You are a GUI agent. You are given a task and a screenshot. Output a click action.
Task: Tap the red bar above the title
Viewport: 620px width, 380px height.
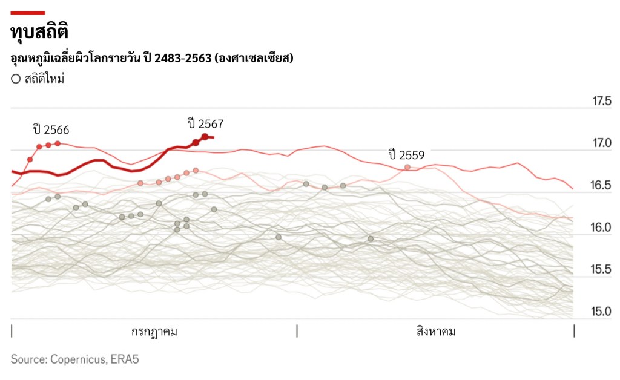(x=28, y=13)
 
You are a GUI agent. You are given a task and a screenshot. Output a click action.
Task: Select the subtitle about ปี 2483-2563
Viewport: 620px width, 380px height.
(x=152, y=58)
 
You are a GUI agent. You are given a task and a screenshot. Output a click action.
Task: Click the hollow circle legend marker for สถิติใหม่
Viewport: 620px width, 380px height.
(x=16, y=79)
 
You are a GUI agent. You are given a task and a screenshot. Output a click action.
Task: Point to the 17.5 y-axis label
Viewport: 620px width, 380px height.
(x=602, y=101)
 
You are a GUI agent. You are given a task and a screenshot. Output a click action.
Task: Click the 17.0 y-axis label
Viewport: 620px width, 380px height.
(x=602, y=143)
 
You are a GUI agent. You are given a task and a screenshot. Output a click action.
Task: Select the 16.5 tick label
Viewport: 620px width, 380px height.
(x=602, y=186)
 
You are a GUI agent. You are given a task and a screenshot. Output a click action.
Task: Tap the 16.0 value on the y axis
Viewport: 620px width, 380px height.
(x=602, y=228)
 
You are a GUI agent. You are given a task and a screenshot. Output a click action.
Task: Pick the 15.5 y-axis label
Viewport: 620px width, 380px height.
(x=602, y=270)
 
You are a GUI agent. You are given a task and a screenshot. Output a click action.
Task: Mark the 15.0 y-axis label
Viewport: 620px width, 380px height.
(x=602, y=312)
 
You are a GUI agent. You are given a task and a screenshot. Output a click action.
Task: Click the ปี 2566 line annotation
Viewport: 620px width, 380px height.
(x=51, y=129)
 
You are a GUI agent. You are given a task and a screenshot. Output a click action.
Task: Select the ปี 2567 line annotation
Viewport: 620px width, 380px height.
(x=206, y=124)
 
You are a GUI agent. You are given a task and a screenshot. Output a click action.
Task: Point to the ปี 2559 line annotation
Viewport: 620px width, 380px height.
(x=407, y=155)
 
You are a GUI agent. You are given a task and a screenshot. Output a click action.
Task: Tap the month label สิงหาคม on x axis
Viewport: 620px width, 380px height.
(x=436, y=332)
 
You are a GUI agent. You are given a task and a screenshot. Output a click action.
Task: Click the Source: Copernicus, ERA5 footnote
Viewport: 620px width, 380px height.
(x=75, y=359)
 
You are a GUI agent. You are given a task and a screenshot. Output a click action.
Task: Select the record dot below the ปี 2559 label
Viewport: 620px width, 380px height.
(x=407, y=167)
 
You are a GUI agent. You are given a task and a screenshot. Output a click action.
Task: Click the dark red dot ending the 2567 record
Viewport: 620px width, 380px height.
(x=205, y=137)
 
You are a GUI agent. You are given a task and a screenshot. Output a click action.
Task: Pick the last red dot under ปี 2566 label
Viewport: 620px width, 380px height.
(x=58, y=143)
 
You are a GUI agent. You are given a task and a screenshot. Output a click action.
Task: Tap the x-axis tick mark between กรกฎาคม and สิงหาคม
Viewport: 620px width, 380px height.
(x=297, y=331)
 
